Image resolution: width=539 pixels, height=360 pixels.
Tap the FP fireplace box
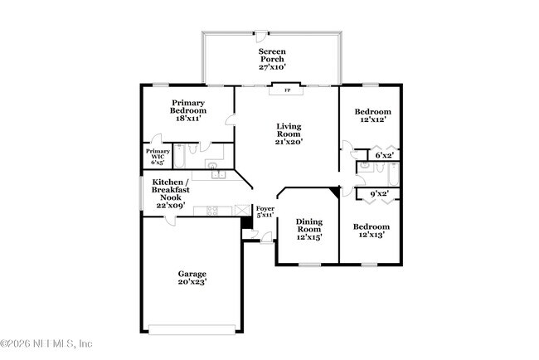coord(288,90)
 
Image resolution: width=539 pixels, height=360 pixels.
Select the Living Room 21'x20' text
coord(289,134)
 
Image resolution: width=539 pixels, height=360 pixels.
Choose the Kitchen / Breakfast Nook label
coord(170,193)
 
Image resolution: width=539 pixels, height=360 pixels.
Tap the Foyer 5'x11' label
coord(265,212)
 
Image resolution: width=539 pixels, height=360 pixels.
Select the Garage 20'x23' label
coord(192,278)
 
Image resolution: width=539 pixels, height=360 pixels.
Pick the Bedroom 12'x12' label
coord(373,116)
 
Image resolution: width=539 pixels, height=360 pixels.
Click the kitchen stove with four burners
coord(211,211)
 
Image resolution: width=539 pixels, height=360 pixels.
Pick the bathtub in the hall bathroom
coord(388,174)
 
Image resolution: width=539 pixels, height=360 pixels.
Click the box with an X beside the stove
coord(242,211)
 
